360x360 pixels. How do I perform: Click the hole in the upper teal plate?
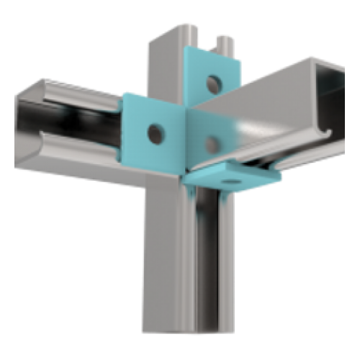point(212,84)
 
